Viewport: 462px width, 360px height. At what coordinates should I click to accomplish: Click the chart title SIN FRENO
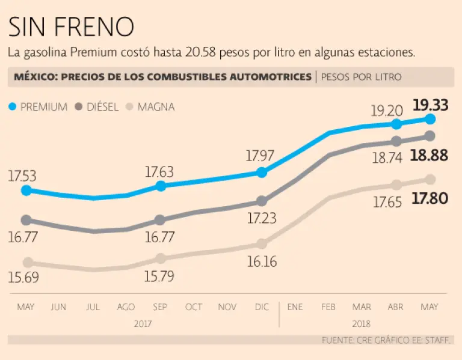(71, 26)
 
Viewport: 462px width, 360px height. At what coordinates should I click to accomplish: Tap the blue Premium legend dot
(13, 107)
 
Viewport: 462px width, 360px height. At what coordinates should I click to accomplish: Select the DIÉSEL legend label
(102, 107)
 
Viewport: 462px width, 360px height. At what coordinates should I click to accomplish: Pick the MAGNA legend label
(156, 107)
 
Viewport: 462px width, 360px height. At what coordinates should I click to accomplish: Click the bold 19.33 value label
(431, 105)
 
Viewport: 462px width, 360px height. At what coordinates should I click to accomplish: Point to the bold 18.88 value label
(430, 156)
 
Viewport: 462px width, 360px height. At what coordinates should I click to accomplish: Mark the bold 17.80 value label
(430, 198)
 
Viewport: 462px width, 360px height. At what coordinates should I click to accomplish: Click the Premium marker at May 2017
(26, 191)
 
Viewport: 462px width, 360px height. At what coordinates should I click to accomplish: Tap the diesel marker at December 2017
(261, 201)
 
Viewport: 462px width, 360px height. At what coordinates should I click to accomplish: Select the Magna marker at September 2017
(161, 258)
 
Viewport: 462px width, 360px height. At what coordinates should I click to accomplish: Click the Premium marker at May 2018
(430, 119)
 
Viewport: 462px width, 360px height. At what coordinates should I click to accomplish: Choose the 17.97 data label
(261, 156)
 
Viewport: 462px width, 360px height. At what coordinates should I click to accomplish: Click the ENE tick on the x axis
(295, 307)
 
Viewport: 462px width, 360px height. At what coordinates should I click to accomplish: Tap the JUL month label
(93, 307)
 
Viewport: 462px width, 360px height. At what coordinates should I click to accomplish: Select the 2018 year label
(362, 323)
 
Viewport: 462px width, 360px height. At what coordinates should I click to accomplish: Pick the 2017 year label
(143, 323)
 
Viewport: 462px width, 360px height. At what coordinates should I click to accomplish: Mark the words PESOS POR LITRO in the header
(361, 77)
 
